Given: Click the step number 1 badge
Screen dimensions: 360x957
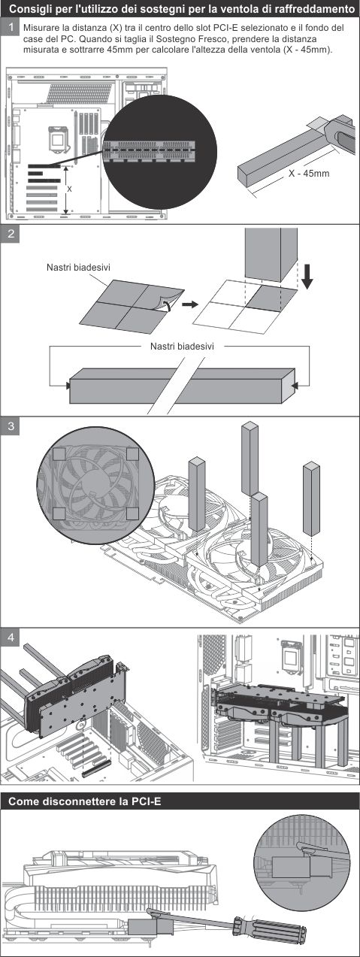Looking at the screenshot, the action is (x=11, y=27).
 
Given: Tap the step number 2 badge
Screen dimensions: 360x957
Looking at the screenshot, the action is (x=11, y=235).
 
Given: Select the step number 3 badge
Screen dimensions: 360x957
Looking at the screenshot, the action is (x=11, y=426).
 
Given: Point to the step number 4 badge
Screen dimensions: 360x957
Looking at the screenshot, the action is (x=11, y=637).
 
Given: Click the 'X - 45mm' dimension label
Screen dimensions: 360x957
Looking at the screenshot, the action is (x=309, y=173).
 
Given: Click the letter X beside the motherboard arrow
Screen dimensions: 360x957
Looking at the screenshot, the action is (x=70, y=189).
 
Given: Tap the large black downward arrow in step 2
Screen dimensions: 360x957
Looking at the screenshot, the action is (x=307, y=277).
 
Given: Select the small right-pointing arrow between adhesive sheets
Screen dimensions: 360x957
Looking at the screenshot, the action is (x=190, y=304).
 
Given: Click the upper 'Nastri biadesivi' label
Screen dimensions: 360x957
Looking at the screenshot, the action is (x=78, y=268).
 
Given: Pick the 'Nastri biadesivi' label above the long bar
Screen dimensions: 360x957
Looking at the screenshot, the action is (x=182, y=346).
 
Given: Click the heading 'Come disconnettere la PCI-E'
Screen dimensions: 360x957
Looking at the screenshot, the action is (x=85, y=801).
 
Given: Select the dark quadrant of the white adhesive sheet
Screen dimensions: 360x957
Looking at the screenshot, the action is (x=271, y=298).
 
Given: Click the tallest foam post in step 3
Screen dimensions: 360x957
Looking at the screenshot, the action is (x=250, y=459).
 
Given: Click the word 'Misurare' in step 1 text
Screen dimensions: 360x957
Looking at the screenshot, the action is (x=40, y=29).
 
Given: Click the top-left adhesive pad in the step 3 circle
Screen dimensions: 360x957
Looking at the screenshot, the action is (x=59, y=453).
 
